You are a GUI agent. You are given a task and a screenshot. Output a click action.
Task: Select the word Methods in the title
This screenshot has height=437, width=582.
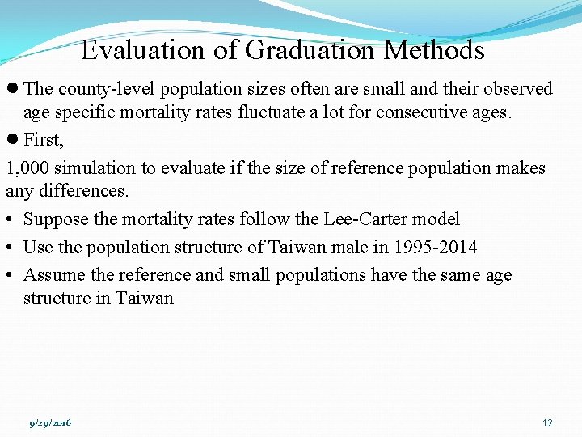434,51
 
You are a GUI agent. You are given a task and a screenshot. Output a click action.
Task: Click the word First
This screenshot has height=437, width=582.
42,140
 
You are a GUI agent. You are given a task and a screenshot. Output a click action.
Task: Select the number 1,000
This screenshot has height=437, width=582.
27,168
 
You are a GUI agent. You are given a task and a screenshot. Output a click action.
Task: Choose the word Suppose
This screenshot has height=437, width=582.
53,219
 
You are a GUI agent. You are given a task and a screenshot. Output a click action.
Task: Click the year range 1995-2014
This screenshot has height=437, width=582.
432,247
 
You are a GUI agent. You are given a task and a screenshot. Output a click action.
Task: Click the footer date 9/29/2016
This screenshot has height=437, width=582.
50,423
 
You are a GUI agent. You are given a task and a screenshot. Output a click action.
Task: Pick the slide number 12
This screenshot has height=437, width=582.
547,423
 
